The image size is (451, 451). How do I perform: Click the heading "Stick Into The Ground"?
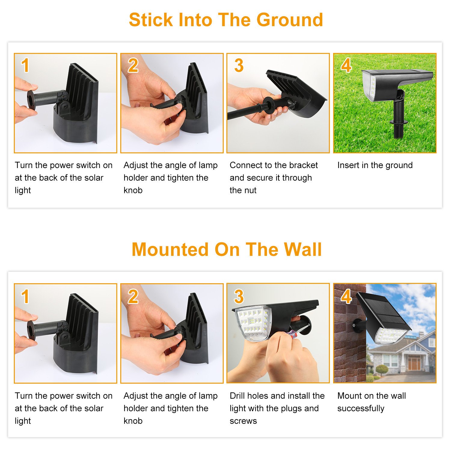[x=226, y=20]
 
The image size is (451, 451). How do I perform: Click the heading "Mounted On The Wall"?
[x=227, y=250]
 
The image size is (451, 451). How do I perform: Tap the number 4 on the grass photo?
[x=346, y=65]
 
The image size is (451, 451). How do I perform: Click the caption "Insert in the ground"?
[x=375, y=165]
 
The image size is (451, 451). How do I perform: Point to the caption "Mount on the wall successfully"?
[x=372, y=402]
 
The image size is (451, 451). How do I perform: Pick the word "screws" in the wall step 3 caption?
[x=243, y=421]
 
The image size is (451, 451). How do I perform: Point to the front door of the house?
[x=414, y=364]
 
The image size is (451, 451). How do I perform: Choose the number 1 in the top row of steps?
[x=25, y=65]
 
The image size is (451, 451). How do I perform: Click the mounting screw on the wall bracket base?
[x=354, y=325]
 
